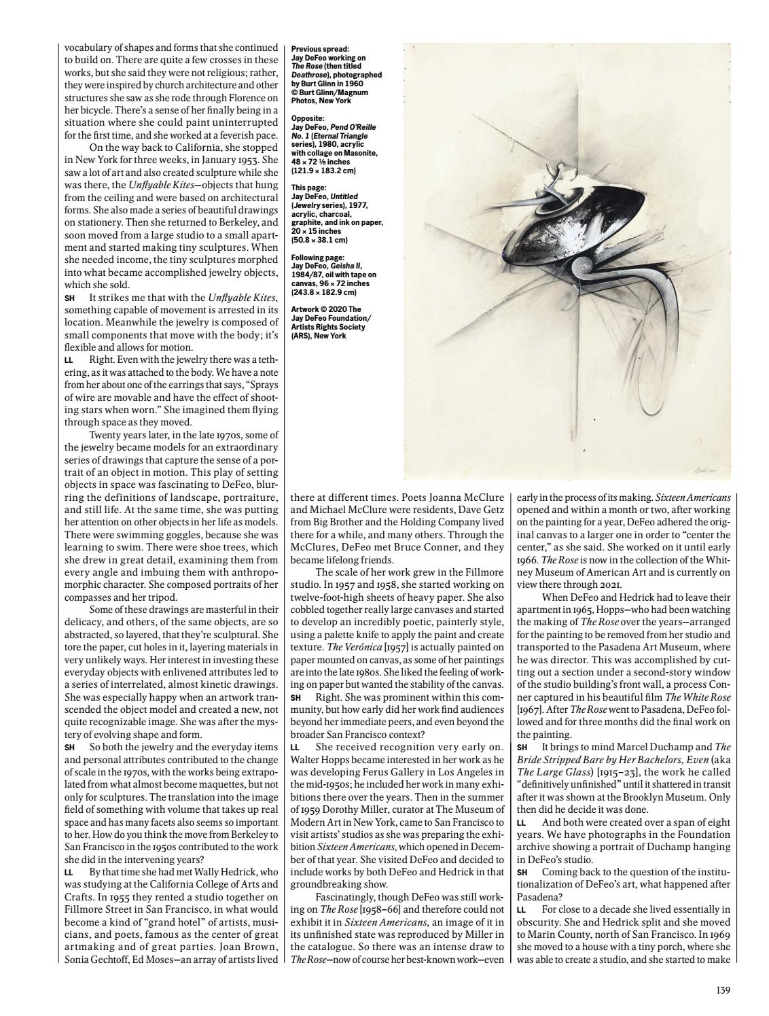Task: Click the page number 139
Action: pyautogui.click(x=723, y=990)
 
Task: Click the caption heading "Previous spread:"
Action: pyautogui.click(x=320, y=49)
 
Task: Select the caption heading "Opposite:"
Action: pyautogui.click(x=308, y=118)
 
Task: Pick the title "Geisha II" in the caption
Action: pyautogui.click(x=348, y=266)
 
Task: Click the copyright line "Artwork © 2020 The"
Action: pyautogui.click(x=326, y=309)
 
